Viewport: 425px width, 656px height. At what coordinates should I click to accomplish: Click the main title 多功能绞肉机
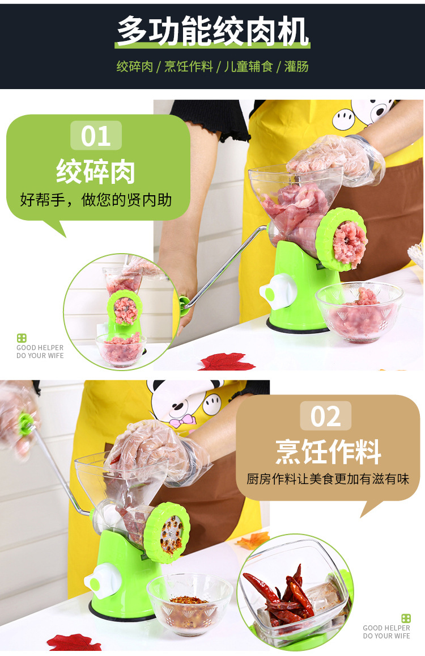click(212, 32)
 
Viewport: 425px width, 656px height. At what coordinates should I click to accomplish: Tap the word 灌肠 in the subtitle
click(296, 67)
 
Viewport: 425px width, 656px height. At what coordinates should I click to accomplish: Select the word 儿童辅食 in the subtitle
click(249, 67)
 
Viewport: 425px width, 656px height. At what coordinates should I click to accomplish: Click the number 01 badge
click(96, 136)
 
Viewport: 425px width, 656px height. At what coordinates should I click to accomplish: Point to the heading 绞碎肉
click(96, 170)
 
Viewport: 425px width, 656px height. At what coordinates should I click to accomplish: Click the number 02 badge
click(325, 417)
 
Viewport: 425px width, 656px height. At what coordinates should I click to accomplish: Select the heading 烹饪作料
click(328, 451)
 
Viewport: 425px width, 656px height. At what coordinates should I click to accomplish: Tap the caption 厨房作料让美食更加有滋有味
click(328, 480)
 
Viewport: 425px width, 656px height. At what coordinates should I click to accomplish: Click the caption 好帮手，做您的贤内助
click(96, 200)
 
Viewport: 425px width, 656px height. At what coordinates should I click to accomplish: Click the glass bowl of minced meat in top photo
click(359, 312)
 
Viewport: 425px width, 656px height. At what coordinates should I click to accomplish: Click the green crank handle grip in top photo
click(184, 304)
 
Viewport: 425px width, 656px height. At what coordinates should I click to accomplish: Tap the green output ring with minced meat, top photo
click(342, 239)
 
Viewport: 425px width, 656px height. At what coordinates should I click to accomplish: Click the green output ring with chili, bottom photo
click(167, 532)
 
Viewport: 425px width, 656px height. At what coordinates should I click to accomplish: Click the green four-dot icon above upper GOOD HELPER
click(22, 338)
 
